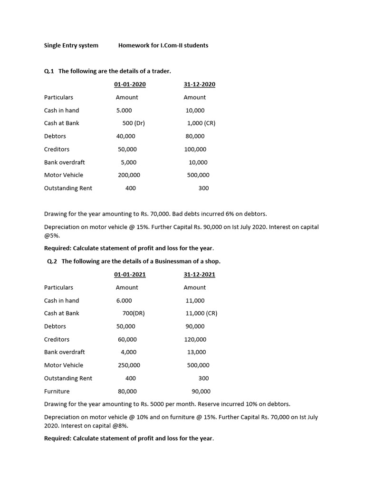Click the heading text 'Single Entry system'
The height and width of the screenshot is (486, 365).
click(71, 46)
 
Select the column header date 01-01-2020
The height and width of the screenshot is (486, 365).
click(130, 84)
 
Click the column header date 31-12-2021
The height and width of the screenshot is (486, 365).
click(199, 275)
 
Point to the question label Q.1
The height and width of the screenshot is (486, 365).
click(49, 71)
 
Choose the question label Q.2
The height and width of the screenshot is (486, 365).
click(52, 262)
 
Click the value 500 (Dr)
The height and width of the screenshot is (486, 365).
click(134, 123)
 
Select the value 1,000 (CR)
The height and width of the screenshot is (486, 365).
click(201, 123)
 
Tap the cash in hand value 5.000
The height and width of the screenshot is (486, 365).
click(124, 111)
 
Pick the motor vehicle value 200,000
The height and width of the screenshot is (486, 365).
click(129, 175)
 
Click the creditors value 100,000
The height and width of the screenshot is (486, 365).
click(195, 150)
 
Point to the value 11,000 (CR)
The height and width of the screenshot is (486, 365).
click(202, 314)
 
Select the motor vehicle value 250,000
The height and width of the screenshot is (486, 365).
click(129, 365)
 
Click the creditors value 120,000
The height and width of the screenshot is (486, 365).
click(195, 340)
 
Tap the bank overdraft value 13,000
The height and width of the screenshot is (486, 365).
click(197, 352)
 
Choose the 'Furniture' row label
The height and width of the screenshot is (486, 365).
click(57, 392)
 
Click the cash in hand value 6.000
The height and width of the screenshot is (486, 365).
click(124, 301)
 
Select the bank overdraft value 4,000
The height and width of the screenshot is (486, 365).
click(128, 352)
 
